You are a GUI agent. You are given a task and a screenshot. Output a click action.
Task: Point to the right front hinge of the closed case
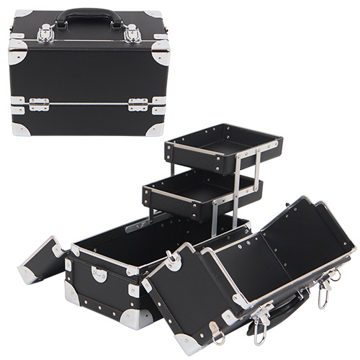coord(138,104)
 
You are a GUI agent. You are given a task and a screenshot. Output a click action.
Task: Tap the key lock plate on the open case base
coord(99,274)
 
